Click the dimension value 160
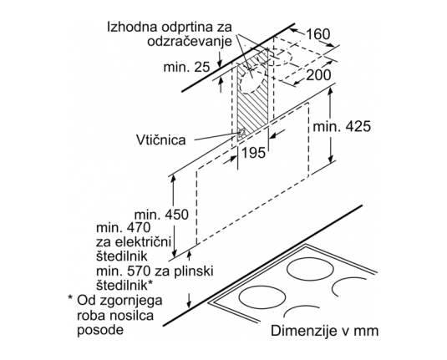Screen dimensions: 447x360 click(x=318, y=34)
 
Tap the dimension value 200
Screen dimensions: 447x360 click(x=318, y=75)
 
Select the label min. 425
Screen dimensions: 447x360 click(x=342, y=126)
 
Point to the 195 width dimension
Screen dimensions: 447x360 click(x=253, y=153)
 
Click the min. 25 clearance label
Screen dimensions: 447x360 click(x=186, y=68)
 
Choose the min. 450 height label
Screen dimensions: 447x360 click(x=161, y=215)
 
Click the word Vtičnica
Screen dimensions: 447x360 click(x=160, y=140)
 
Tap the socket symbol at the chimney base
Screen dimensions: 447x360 click(x=242, y=133)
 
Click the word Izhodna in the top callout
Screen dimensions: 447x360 click(x=132, y=27)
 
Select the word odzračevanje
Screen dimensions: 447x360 click(x=190, y=41)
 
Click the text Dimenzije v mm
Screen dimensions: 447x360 click(x=325, y=331)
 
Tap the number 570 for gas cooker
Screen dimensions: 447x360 click(x=138, y=271)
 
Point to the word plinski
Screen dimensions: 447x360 click(x=195, y=271)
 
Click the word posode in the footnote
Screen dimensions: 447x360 click(x=100, y=331)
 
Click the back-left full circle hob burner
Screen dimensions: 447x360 click(x=311, y=269)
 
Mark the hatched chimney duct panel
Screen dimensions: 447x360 click(x=253, y=94)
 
